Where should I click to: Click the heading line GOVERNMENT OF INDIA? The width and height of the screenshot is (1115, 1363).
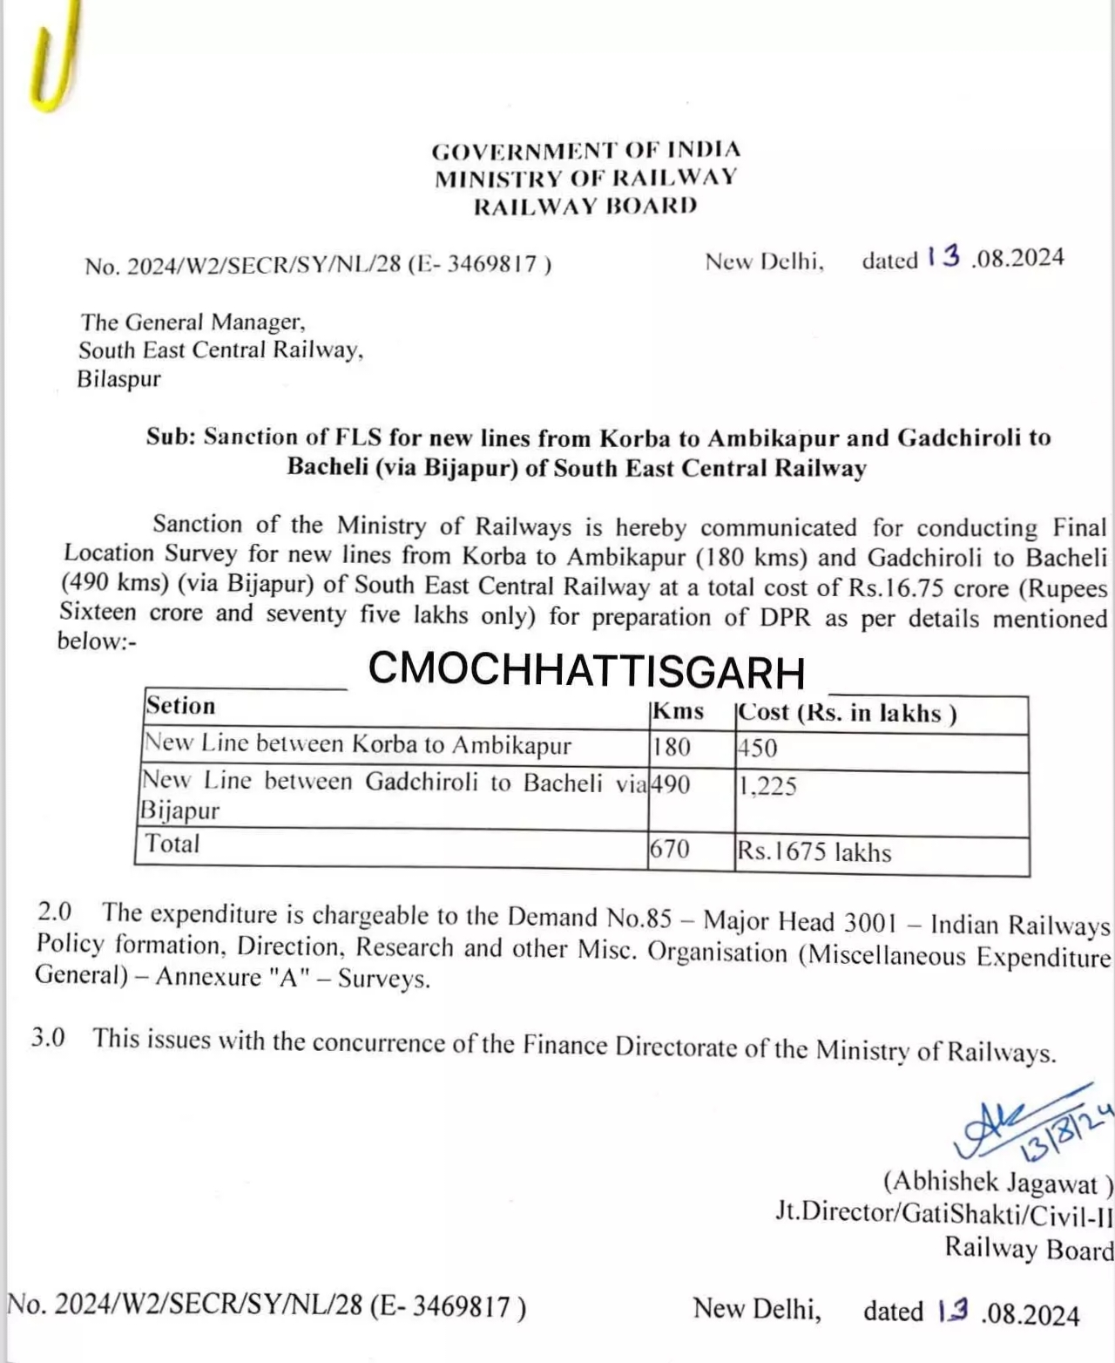tap(585, 150)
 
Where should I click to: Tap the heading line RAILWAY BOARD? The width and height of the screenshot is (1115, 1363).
tap(585, 207)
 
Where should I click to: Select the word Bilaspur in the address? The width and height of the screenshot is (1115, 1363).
tap(119, 379)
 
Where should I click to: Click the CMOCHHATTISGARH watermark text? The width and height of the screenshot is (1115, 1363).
tap(586, 670)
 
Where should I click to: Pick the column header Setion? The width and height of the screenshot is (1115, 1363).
tap(181, 706)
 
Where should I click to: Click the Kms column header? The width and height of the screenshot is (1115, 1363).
tap(678, 711)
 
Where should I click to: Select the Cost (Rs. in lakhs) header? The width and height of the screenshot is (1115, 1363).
tap(847, 713)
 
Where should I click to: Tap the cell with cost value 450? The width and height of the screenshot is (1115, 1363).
tap(757, 748)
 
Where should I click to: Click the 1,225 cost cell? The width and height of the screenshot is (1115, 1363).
tap(767, 786)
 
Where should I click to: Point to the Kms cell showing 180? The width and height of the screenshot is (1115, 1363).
tap(671, 747)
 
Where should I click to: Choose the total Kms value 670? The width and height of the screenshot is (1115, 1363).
tap(670, 848)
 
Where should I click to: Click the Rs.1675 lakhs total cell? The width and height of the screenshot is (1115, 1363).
tap(814, 851)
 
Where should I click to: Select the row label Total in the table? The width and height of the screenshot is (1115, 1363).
tap(172, 844)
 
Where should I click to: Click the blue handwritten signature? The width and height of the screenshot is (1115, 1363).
tap(1028, 1124)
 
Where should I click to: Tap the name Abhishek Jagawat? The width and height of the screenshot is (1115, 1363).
tap(998, 1183)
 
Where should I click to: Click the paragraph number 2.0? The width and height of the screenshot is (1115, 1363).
tap(54, 912)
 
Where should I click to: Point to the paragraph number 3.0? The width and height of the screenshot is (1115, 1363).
tap(48, 1038)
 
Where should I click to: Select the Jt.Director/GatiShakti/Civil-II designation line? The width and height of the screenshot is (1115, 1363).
tap(944, 1212)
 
